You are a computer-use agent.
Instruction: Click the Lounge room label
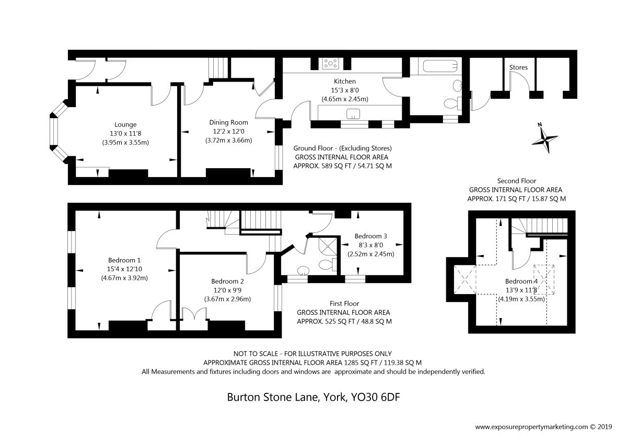(125, 125)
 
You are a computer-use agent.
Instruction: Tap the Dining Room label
(228, 122)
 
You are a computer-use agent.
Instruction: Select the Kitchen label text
(344, 81)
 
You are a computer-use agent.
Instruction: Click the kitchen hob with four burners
(331, 64)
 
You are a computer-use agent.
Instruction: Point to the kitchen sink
(353, 114)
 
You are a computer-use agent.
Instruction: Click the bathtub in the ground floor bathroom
(440, 66)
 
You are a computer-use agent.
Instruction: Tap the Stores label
(518, 67)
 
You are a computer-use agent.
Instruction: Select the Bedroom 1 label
(124, 260)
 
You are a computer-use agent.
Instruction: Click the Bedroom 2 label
(227, 281)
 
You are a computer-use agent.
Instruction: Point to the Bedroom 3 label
(370, 236)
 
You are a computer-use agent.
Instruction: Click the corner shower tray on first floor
(328, 246)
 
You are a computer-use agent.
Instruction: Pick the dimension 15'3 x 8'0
(344, 90)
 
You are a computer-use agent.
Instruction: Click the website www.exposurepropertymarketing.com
(531, 427)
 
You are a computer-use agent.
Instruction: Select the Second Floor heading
(516, 181)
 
